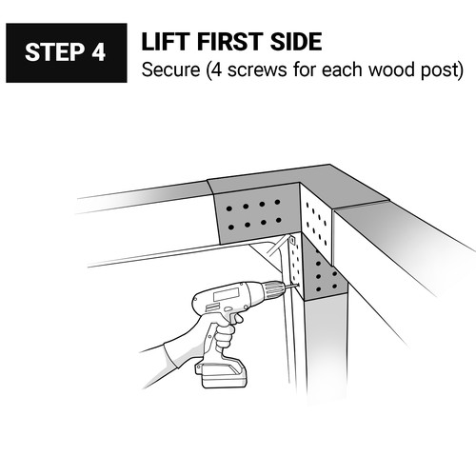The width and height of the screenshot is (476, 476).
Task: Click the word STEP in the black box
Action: tap(54, 52)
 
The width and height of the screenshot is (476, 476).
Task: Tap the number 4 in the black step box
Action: tap(99, 52)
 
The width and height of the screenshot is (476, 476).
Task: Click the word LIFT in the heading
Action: tap(166, 41)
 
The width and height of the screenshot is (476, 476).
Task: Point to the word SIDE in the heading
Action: tap(296, 41)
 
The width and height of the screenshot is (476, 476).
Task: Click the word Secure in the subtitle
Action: tap(170, 69)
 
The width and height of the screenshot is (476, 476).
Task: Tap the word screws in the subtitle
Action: tap(257, 71)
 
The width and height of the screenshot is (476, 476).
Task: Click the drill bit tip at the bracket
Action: tap(297, 286)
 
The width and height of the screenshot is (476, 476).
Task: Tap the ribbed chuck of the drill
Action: tap(273, 289)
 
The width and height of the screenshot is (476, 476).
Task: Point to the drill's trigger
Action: tap(237, 319)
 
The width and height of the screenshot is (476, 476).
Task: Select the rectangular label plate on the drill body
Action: tap(226, 294)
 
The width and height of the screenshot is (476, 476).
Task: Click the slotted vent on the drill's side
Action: tap(211, 307)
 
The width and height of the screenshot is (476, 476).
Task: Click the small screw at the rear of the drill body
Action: tap(246, 307)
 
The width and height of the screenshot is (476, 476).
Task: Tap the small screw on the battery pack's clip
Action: tap(198, 369)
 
